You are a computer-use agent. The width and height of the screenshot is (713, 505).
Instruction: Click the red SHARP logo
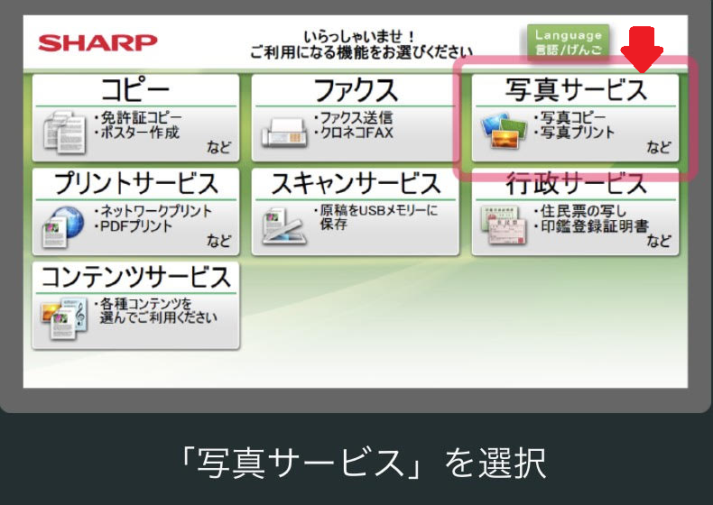click(x=97, y=42)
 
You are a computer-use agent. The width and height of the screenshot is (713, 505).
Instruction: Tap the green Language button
click(x=568, y=41)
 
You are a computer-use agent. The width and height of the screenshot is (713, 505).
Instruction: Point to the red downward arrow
click(x=642, y=49)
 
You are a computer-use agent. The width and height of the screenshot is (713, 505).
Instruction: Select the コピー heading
click(x=135, y=90)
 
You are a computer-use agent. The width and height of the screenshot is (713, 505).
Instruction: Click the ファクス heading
click(x=356, y=90)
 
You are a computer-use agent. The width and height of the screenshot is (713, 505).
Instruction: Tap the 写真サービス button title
click(x=576, y=89)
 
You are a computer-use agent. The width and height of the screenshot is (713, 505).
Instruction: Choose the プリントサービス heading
click(x=136, y=183)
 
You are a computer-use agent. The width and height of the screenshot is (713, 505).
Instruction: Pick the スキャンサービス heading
click(x=356, y=183)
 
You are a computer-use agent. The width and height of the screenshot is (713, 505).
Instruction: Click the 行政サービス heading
click(x=576, y=183)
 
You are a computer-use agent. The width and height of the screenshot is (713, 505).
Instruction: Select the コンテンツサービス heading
click(x=136, y=277)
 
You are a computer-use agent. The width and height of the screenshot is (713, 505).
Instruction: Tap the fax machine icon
click(x=284, y=133)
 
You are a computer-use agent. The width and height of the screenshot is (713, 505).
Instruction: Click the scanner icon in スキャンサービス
click(x=283, y=226)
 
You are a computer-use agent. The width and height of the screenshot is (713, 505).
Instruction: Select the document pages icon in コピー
click(x=65, y=132)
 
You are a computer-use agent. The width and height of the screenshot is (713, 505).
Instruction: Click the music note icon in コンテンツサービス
click(x=80, y=314)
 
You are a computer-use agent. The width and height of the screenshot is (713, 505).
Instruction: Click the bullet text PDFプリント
click(x=134, y=226)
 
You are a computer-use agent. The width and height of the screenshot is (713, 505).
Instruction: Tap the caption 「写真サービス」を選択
click(x=364, y=463)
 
